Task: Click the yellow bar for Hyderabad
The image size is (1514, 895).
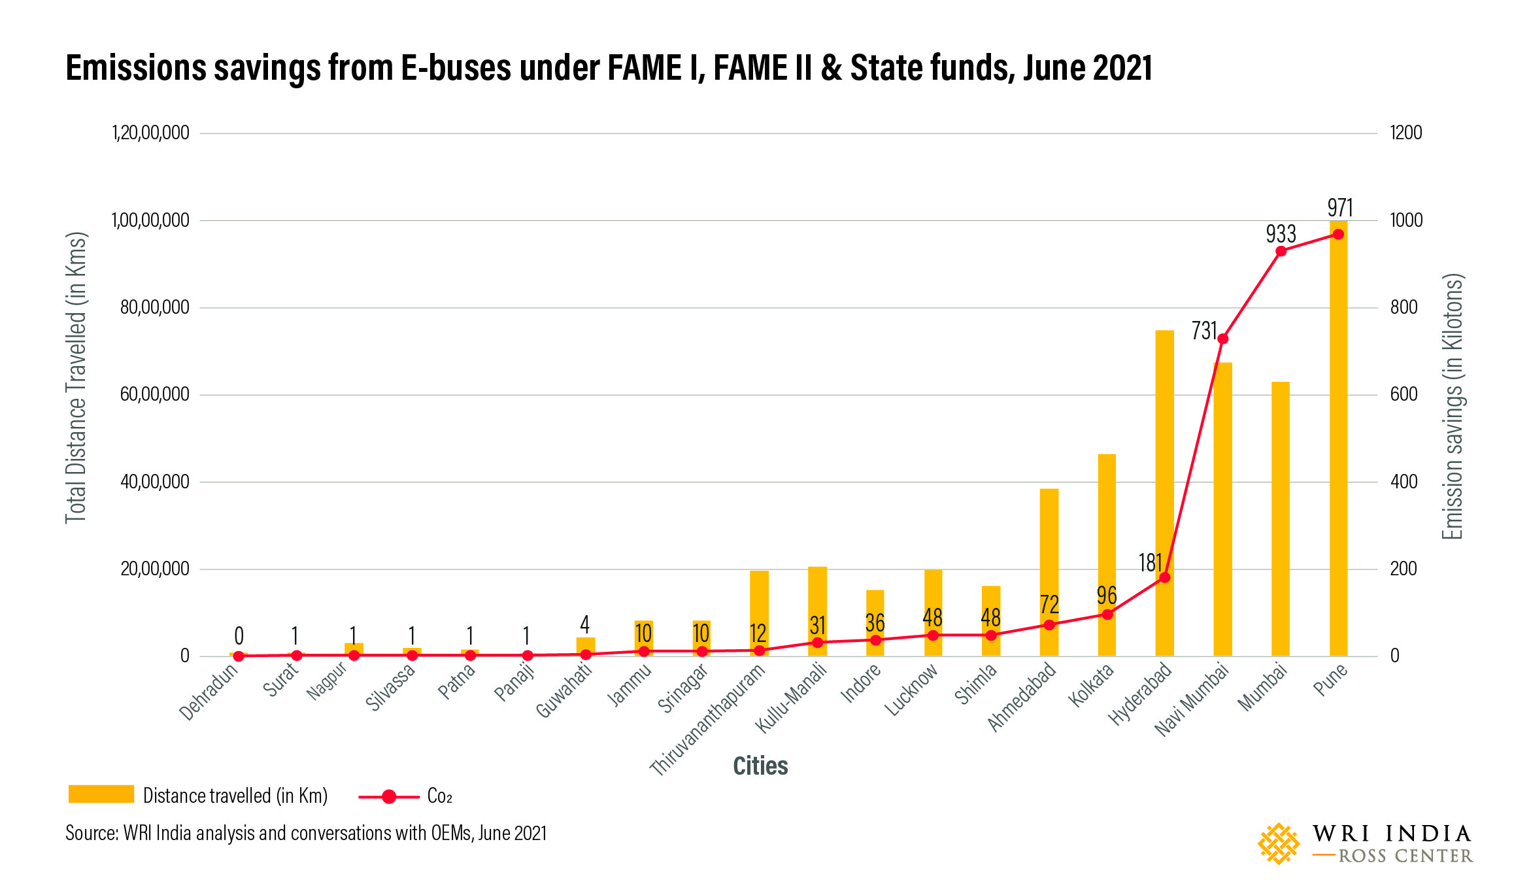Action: pyautogui.click(x=1164, y=458)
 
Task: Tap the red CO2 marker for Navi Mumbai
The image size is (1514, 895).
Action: pyautogui.click(x=1222, y=339)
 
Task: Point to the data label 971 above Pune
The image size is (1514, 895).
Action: pyautogui.click(x=1339, y=208)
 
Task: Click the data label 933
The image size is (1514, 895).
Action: pyautogui.click(x=1281, y=234)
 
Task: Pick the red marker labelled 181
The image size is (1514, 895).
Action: pyautogui.click(x=1164, y=577)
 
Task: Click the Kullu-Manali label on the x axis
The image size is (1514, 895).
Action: pyautogui.click(x=792, y=697)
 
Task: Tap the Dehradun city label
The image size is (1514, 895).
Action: pyautogui.click(x=209, y=692)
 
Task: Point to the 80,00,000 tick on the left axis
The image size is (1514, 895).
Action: pyautogui.click(x=155, y=307)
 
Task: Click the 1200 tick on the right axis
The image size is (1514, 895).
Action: pyautogui.click(x=1405, y=133)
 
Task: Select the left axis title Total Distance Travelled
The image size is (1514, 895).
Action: pyautogui.click(x=76, y=377)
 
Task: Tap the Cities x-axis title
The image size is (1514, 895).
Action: pyautogui.click(x=760, y=766)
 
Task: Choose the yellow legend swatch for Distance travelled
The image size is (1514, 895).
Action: pyautogui.click(x=101, y=794)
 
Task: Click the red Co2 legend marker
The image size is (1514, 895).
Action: pyautogui.click(x=389, y=796)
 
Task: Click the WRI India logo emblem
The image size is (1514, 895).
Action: pyautogui.click(x=1279, y=843)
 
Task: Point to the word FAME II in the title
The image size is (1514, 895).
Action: pyautogui.click(x=762, y=68)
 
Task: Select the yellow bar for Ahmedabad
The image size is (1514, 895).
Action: pyautogui.click(x=1049, y=572)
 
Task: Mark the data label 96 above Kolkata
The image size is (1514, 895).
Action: pyautogui.click(x=1106, y=596)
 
